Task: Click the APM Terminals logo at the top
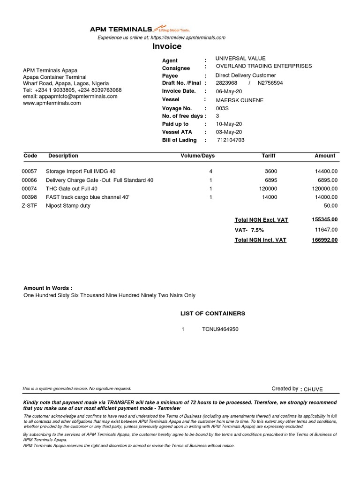pyautogui.click(x=140, y=29)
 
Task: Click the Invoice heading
pyautogui.click(x=166, y=46)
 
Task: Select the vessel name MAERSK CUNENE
pyautogui.click(x=239, y=100)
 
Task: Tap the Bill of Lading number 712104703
pyautogui.click(x=231, y=140)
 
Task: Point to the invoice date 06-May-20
pyautogui.click(x=229, y=91)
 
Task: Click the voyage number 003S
pyautogui.click(x=223, y=108)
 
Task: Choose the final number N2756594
pyautogui.click(x=270, y=83)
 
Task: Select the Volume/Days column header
pyautogui.click(x=198, y=156)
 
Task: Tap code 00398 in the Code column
pyautogui.click(x=29, y=197)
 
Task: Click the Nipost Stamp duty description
pyautogui.click(x=68, y=206)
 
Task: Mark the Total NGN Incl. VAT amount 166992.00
pyautogui.click(x=324, y=240)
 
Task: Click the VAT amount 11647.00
pyautogui.click(x=326, y=230)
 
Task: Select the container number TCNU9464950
pyautogui.click(x=220, y=329)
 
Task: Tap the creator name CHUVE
pyautogui.click(x=314, y=389)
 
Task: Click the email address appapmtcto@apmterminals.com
pyautogui.click(x=70, y=97)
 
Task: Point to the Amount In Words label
pyautogui.click(x=48, y=288)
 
